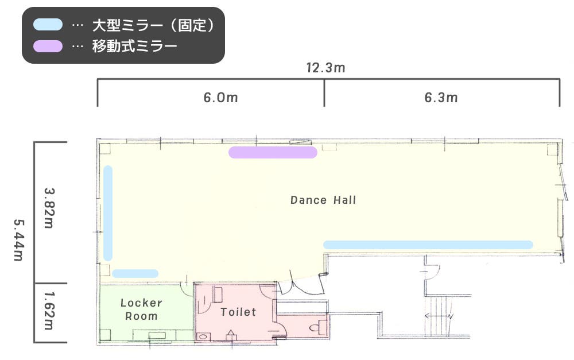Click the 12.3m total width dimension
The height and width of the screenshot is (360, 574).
coord(325,68)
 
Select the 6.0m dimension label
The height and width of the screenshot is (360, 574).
coord(220,98)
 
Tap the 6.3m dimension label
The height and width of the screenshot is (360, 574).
coord(441,98)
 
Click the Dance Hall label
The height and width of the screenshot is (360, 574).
coord(323,200)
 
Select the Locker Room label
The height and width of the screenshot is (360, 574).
coord(141,309)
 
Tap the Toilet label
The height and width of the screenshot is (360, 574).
coord(238,312)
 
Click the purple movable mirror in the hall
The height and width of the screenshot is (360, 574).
coord(273,152)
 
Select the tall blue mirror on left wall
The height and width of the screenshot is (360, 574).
coord(108,213)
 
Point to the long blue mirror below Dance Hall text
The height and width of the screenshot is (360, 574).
coord(428,245)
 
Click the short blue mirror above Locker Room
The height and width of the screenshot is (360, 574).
coord(135,273)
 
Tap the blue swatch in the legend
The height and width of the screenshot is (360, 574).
coord(48,25)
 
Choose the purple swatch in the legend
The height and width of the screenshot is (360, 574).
coord(48,46)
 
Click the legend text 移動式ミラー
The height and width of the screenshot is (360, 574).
coord(135,46)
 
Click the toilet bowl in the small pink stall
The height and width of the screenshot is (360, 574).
coord(315,328)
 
